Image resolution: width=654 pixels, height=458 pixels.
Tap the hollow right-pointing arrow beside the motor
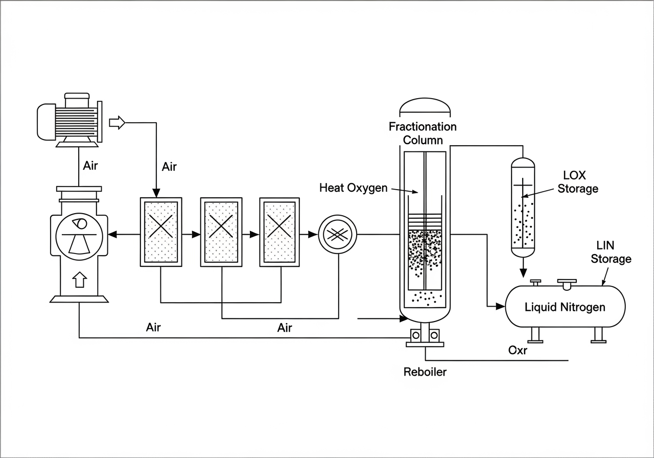coord(118,123)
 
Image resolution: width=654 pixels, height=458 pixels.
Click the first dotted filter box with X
coord(161,231)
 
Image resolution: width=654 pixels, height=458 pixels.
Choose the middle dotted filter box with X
coord(221,231)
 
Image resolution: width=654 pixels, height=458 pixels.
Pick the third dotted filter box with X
coord(281,231)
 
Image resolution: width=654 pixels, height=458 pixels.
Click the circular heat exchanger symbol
coord(337,234)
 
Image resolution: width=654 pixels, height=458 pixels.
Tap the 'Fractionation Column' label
coord(423,133)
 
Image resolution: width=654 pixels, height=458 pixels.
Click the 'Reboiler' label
coord(425,372)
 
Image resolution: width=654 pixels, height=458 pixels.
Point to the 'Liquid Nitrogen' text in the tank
coord(565,307)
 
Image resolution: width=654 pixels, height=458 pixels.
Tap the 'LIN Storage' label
coord(611,253)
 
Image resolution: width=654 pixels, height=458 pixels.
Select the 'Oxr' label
coord(518,351)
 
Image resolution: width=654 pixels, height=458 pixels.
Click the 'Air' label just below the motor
coord(91,166)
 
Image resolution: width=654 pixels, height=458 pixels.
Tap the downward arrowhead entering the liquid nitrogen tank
coord(523,274)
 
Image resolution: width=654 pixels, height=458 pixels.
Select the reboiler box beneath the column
coord(425,335)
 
